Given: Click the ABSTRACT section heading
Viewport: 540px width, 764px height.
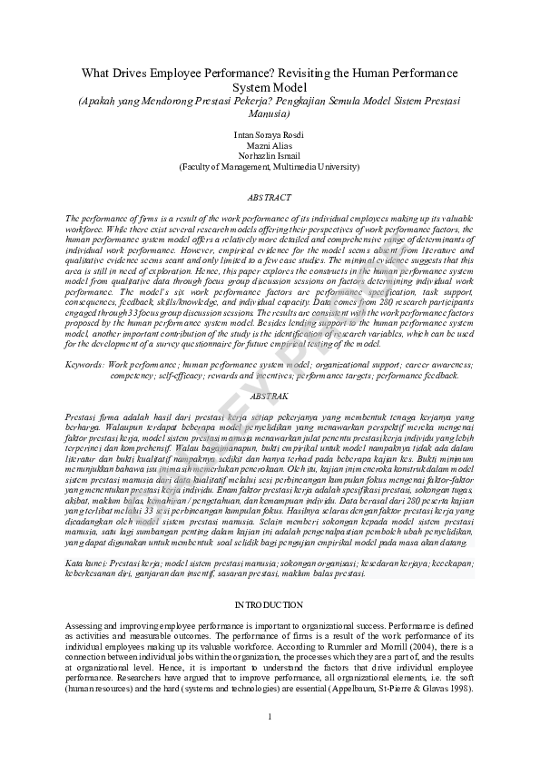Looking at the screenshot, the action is pos(270,197).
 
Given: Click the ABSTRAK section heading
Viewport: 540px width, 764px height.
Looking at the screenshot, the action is pos(270,397).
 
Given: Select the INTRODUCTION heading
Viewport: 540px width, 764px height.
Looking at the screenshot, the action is pos(270,604).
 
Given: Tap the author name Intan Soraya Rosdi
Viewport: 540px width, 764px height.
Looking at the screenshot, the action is pos(270,134).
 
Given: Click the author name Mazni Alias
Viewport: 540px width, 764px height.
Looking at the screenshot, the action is pos(270,145).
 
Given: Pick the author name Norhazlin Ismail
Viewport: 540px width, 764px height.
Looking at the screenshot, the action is pos(270,156).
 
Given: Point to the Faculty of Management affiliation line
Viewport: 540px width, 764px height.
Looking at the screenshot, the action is pos(270,167).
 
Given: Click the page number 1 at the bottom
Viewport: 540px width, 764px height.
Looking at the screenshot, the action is pos(270,720).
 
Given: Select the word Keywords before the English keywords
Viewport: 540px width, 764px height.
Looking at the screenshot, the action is pos(84,364).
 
